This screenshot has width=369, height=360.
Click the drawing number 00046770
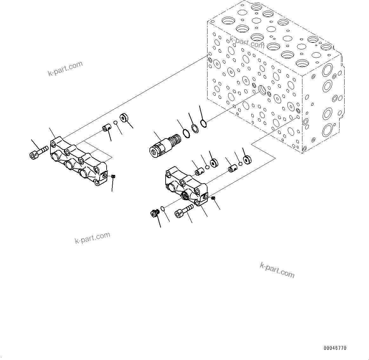335,348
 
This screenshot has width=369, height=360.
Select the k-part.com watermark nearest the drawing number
277,270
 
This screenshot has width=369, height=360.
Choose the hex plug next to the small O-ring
155,214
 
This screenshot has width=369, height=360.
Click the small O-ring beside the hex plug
163,208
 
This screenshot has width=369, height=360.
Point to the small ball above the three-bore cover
116,123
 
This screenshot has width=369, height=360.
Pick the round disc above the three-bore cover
124,118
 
